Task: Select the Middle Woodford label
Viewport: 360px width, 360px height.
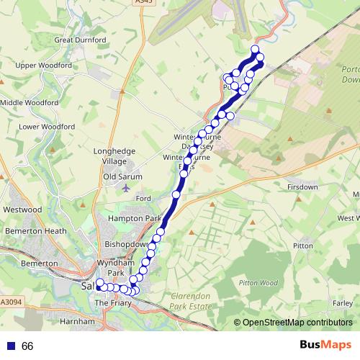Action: click(30, 102)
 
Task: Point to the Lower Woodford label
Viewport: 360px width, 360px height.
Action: click(47, 127)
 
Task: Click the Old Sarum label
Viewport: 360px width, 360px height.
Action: click(123, 176)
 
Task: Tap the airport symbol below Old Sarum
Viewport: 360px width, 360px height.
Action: click(127, 188)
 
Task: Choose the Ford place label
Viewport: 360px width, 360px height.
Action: click(143, 198)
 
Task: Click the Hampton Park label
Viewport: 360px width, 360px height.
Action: click(134, 217)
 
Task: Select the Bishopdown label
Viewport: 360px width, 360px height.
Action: click(125, 244)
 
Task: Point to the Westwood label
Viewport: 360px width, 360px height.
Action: click(23, 210)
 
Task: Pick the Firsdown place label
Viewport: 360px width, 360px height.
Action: click(302, 187)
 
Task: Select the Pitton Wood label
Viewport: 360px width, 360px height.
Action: click(258, 283)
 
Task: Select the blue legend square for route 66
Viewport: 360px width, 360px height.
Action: click(9, 346)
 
